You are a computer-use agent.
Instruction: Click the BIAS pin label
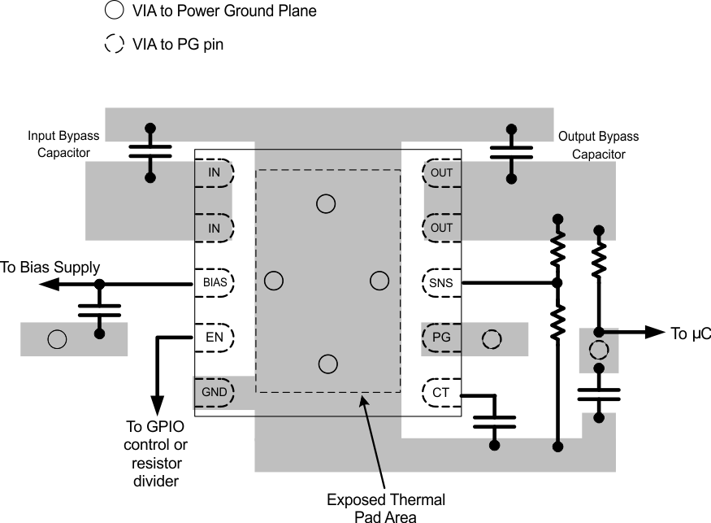click(x=214, y=282)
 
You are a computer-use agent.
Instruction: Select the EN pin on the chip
click(x=214, y=336)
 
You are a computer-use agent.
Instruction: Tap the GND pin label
click(x=214, y=392)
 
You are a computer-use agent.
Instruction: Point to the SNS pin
click(x=441, y=282)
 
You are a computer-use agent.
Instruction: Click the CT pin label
click(x=441, y=393)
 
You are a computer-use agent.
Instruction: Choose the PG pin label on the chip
click(x=441, y=338)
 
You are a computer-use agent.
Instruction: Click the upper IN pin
click(x=214, y=172)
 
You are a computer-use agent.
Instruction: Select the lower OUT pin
click(x=441, y=228)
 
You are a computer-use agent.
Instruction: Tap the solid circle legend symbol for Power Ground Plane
click(x=115, y=11)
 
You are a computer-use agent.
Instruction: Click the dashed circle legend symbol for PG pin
click(x=115, y=44)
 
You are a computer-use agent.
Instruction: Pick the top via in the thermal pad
click(x=325, y=203)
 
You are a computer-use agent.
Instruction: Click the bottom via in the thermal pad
click(x=327, y=363)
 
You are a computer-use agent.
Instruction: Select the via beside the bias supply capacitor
click(x=57, y=339)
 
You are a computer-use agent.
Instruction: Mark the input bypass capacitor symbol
click(x=150, y=152)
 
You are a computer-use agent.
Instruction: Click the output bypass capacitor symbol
click(x=511, y=152)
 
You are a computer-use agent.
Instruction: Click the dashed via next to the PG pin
click(x=492, y=339)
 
